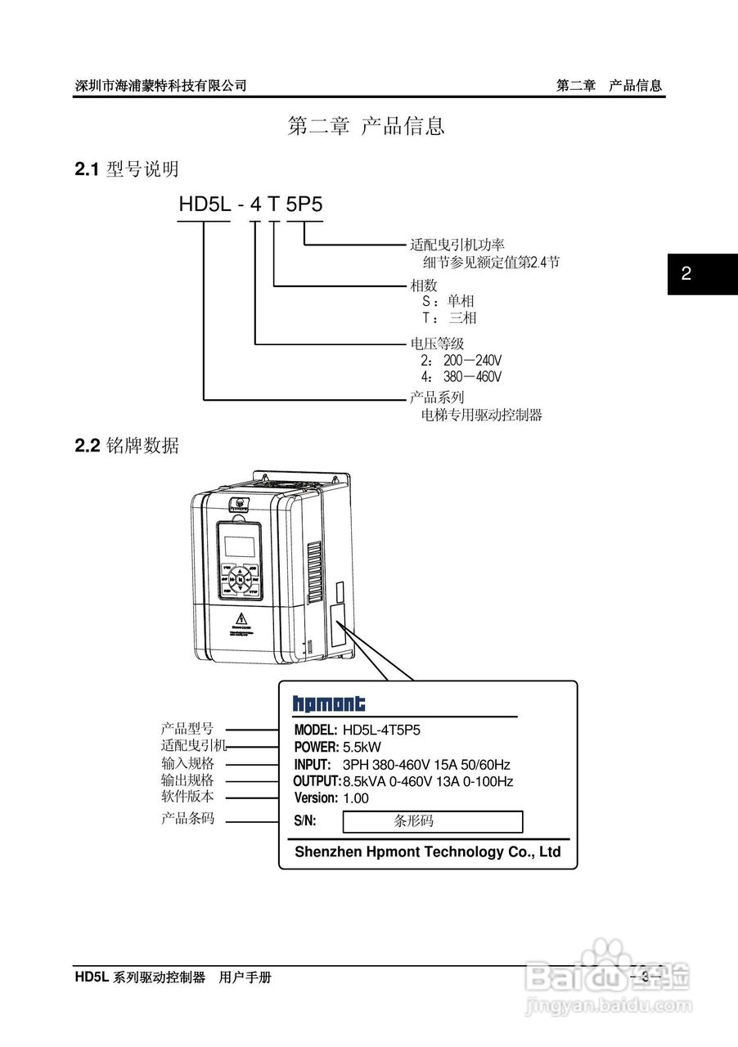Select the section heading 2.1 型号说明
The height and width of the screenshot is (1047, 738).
pyautogui.click(x=127, y=169)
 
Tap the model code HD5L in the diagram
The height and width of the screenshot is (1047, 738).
pyautogui.click(x=205, y=204)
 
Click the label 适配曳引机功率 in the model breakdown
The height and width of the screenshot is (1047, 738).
pyautogui.click(x=457, y=245)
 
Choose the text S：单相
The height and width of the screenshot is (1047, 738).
pyautogui.click(x=448, y=301)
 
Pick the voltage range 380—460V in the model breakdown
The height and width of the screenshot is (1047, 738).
pyautogui.click(x=472, y=377)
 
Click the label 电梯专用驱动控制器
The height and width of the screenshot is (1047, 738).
pyautogui.click(x=481, y=415)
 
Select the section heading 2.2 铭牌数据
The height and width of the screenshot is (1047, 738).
pyautogui.click(x=127, y=446)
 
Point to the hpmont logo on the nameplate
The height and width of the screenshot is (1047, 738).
pyautogui.click(x=329, y=703)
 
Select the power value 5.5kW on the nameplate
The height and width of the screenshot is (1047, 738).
pyautogui.click(x=362, y=747)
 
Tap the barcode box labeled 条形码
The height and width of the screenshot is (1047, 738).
pyautogui.click(x=432, y=821)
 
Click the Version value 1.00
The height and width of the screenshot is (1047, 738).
pyautogui.click(x=356, y=798)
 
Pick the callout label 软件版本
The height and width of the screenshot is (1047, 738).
pyautogui.click(x=187, y=795)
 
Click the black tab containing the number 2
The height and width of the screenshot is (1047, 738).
pyautogui.click(x=702, y=274)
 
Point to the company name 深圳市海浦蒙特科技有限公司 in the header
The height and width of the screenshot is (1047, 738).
pyautogui.click(x=160, y=85)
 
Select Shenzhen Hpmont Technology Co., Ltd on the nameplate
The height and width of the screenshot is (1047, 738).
pyautogui.click(x=428, y=852)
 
